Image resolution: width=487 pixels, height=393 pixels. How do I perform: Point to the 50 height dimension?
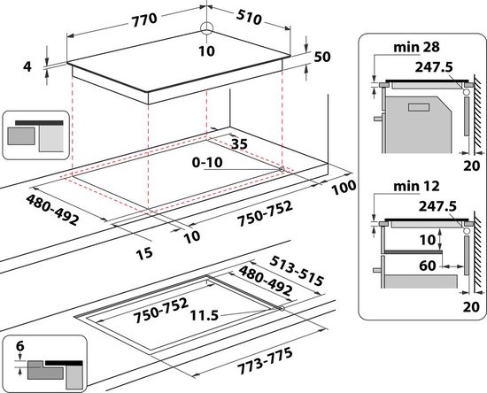(321, 57)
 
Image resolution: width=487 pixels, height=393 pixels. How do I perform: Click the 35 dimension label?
(236, 142)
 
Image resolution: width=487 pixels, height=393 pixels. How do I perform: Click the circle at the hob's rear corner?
(206, 28)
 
